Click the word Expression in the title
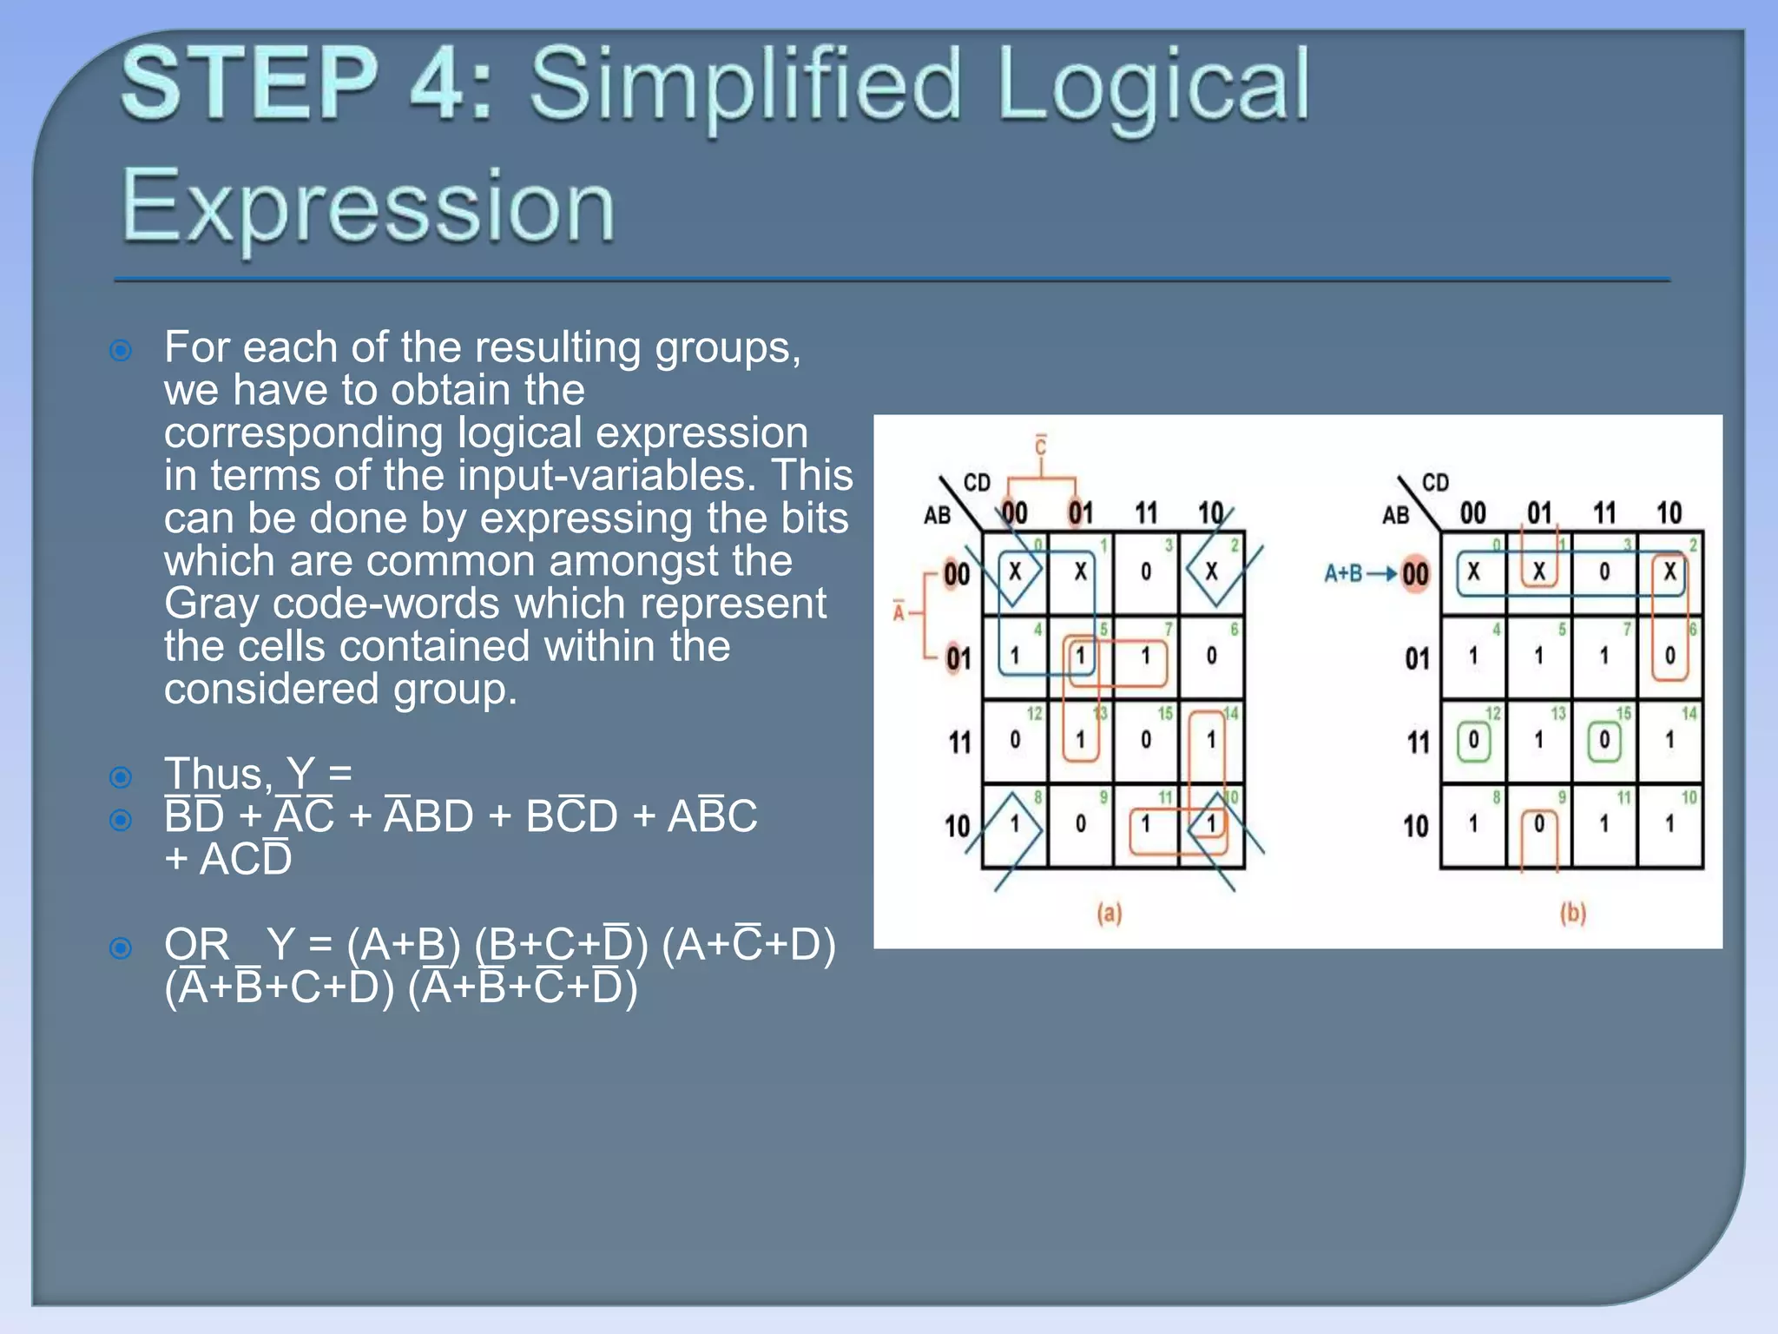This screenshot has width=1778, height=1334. click(x=368, y=207)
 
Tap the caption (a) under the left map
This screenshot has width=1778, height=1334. click(x=1109, y=913)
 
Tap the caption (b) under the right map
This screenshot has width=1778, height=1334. click(x=1572, y=913)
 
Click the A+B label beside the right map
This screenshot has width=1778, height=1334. click(x=1342, y=573)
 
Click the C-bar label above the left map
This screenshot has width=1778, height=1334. click(x=1040, y=446)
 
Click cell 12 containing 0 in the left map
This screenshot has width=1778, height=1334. click(x=1015, y=740)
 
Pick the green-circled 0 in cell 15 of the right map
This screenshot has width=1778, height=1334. click(x=1603, y=740)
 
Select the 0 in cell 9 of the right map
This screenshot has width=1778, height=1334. click(x=1538, y=823)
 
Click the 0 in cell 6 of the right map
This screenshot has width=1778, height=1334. click(x=1669, y=656)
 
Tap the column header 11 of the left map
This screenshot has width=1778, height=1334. click(x=1146, y=513)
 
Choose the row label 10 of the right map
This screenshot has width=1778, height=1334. click(x=1415, y=825)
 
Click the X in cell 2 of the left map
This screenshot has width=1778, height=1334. click(x=1211, y=571)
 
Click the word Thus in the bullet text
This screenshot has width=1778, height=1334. click(x=217, y=773)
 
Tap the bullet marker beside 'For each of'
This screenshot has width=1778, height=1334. click(x=121, y=351)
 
